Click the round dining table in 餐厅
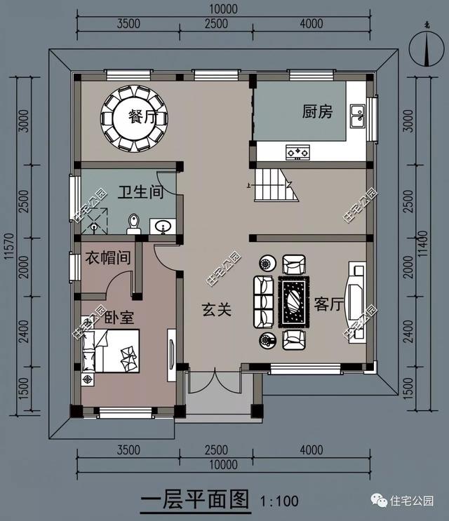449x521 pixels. click(x=136, y=117)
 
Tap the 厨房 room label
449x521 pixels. click(x=317, y=111)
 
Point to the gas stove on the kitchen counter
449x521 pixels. click(x=297, y=151)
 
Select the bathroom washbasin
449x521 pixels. click(x=163, y=226)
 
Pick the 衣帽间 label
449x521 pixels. click(x=107, y=258)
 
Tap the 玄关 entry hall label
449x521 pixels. click(x=217, y=309)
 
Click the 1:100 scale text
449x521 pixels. click(x=279, y=501)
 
